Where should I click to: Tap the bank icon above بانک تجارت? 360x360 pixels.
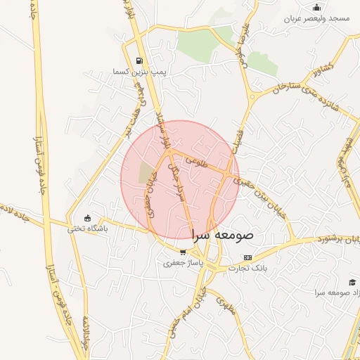247,258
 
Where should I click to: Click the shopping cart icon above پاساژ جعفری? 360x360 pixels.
183,252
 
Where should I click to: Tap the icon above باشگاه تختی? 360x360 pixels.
87,217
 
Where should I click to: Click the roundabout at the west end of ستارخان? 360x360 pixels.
251,97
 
